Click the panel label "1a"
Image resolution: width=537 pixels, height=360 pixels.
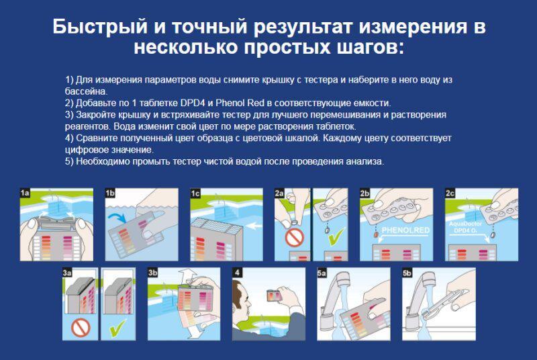pos(25,193)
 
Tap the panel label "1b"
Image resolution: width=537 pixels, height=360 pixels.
pos(111,193)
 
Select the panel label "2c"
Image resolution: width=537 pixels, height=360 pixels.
pos(452,193)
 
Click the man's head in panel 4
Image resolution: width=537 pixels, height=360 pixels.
pos(246,296)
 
